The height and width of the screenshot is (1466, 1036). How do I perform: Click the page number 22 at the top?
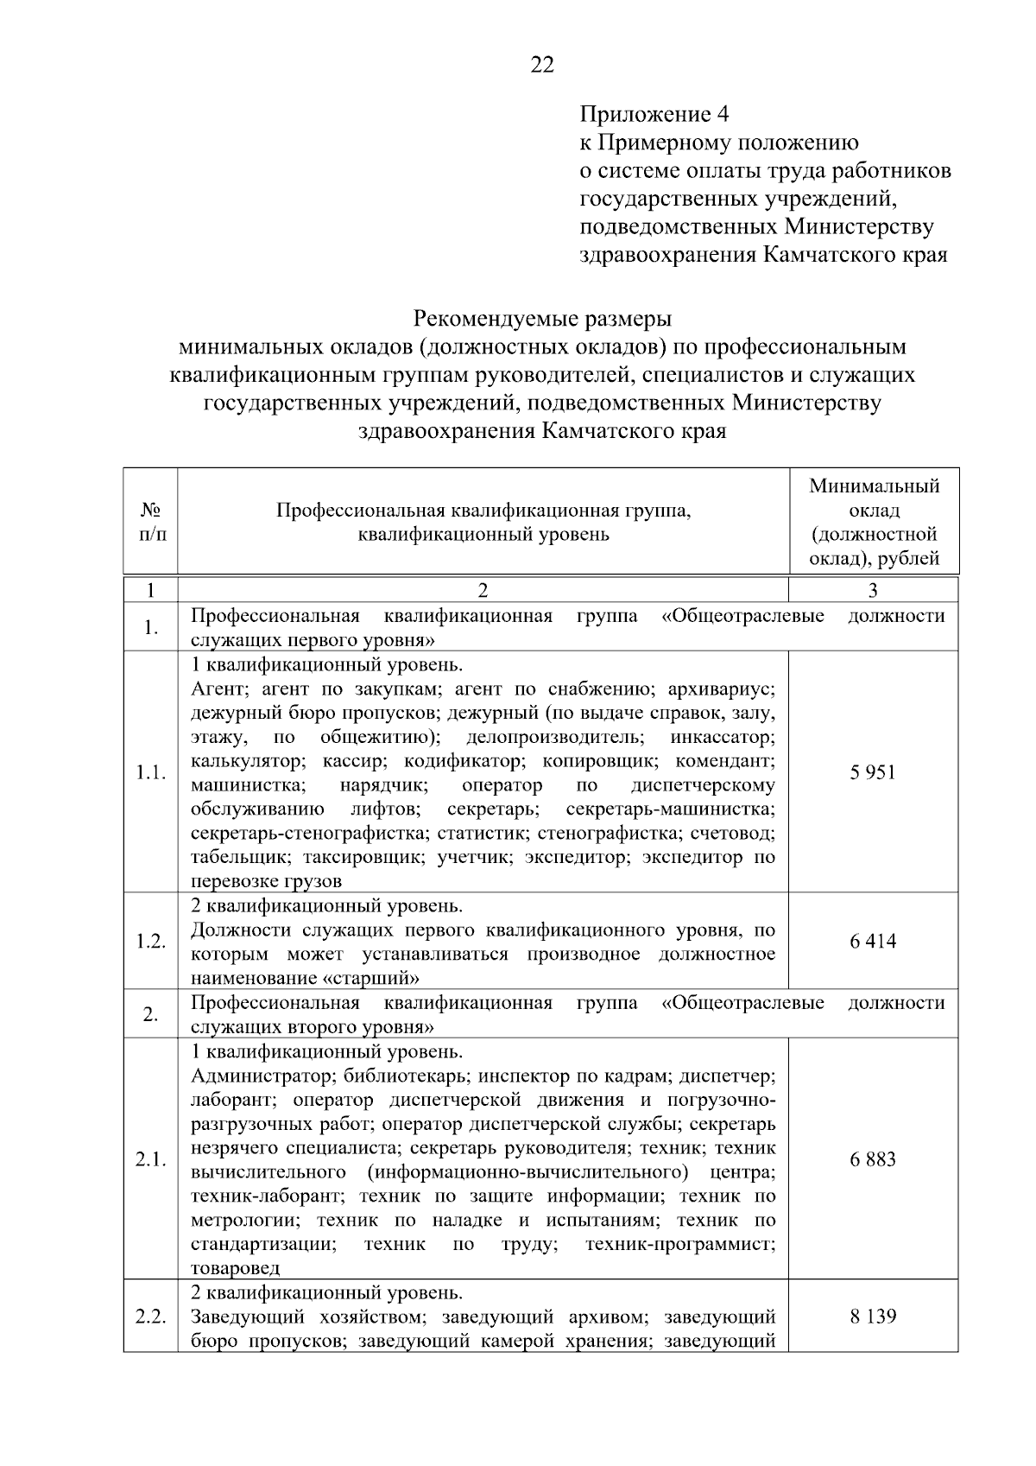pos(542,66)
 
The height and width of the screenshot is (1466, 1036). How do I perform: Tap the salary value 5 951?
pos(873,772)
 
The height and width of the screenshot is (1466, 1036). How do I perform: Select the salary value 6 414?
pos(873,941)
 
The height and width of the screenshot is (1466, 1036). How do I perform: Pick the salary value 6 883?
pos(873,1159)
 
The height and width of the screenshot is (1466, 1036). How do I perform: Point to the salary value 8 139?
pos(873,1317)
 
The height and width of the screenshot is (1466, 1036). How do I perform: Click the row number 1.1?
pos(150,772)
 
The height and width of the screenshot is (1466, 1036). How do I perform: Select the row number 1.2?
pos(150,942)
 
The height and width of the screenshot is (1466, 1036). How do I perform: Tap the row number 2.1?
pos(150,1159)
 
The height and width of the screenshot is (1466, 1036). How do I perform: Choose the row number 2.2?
pos(150,1317)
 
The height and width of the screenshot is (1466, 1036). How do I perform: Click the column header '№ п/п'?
pos(150,522)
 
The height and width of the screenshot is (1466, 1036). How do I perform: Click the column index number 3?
pos(873,591)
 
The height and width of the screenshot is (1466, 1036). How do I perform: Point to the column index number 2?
pos(483,591)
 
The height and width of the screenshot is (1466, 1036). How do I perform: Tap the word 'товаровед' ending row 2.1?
pos(235,1268)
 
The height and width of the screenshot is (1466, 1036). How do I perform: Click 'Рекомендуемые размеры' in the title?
pos(542,318)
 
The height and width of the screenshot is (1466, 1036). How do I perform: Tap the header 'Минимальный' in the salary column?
pos(874,486)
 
